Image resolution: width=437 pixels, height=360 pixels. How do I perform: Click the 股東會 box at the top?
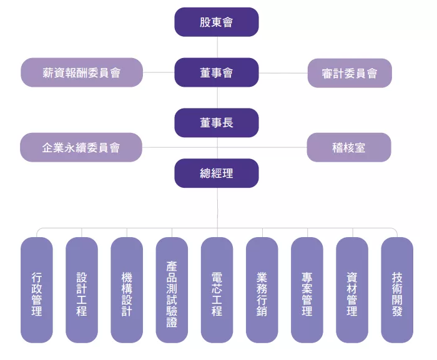point(216,22)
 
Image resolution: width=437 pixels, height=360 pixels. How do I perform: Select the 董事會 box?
point(216,72)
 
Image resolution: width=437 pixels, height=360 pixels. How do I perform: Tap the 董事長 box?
point(216,123)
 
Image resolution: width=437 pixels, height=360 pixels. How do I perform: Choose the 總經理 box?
point(216,173)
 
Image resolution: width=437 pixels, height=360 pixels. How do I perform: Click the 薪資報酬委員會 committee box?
point(81,72)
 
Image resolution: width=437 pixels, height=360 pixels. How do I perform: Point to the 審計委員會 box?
point(350,73)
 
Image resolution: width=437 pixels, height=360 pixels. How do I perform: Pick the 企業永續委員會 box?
point(81,147)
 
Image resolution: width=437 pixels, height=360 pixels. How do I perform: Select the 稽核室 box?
point(349,147)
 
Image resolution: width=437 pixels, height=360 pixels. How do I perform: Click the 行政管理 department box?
point(37,290)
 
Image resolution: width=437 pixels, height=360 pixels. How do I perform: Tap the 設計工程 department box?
point(82,290)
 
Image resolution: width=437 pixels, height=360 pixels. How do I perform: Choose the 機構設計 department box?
point(127,290)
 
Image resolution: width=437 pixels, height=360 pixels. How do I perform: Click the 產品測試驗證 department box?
point(172,290)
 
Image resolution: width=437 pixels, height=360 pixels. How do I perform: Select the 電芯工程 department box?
point(217,290)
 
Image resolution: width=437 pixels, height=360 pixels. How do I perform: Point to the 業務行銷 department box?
point(262,290)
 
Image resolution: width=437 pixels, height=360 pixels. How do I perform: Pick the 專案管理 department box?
point(307,290)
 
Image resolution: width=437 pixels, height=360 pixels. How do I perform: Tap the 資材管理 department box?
point(352,290)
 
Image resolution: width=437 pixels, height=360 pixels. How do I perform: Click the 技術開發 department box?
point(397,290)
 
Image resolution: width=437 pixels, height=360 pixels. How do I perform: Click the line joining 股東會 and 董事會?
point(217,47)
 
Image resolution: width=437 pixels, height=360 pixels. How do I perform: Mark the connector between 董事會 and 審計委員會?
point(283,73)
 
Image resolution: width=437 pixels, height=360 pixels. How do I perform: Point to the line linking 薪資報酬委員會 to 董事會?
point(159,72)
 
